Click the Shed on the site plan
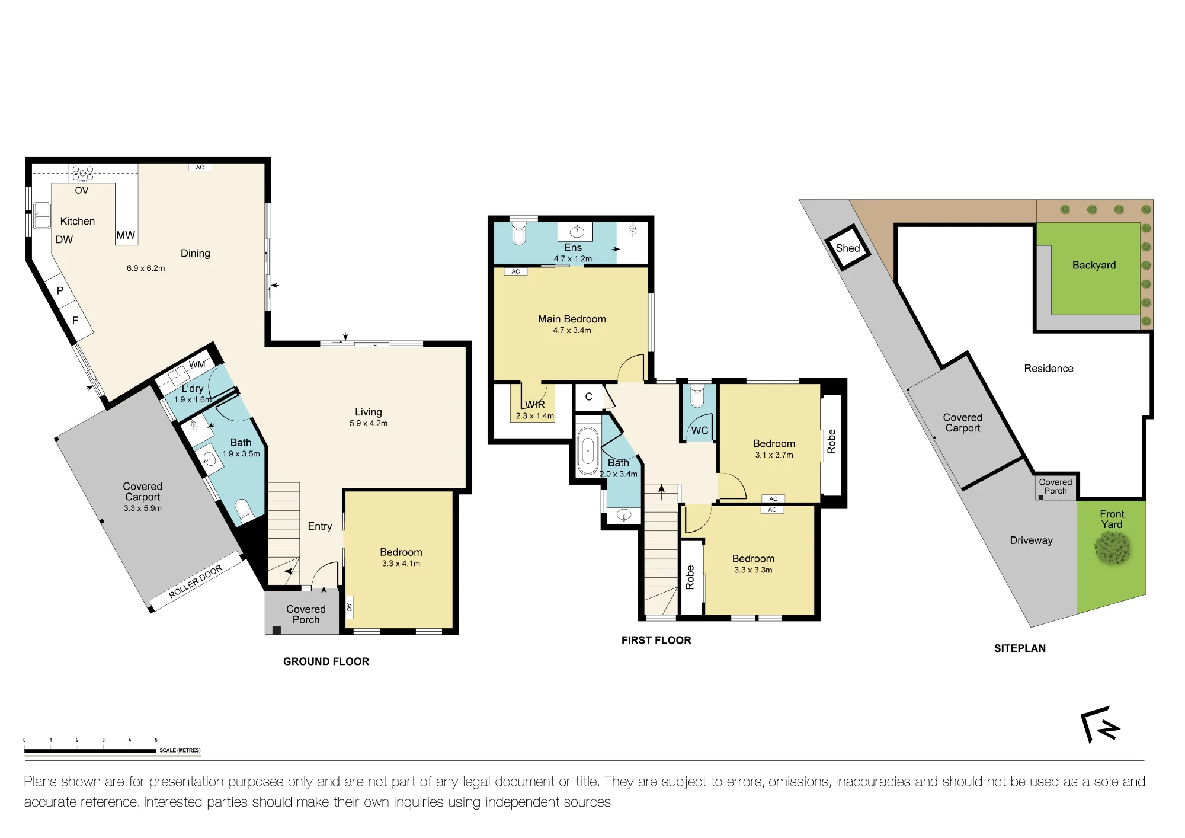[848, 248]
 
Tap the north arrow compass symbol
[1100, 724]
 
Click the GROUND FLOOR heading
[326, 661]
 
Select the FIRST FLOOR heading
[656, 640]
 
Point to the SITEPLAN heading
[1020, 648]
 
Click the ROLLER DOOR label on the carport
[196, 581]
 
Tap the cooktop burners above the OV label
[82, 174]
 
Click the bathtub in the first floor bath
[588, 451]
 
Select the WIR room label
[534, 404]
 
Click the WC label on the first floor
[700, 431]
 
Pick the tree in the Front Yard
[1112, 547]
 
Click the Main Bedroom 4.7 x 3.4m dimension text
[572, 330]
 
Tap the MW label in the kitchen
[126, 235]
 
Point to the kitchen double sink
[41, 216]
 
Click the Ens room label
[573, 248]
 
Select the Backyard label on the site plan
[1094, 266]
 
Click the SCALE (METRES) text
[180, 750]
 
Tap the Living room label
[369, 412]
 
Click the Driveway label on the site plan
[1031, 540]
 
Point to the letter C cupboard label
[589, 396]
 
